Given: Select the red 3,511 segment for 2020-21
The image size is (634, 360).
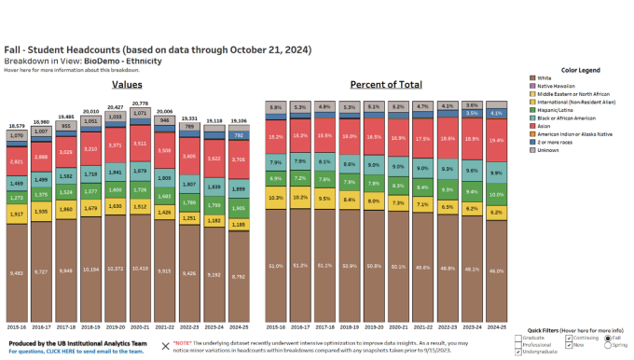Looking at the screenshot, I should (x=141, y=145).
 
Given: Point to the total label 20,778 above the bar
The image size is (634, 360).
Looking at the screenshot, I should (x=141, y=103).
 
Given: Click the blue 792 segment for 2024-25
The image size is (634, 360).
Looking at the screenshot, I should (x=238, y=136).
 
